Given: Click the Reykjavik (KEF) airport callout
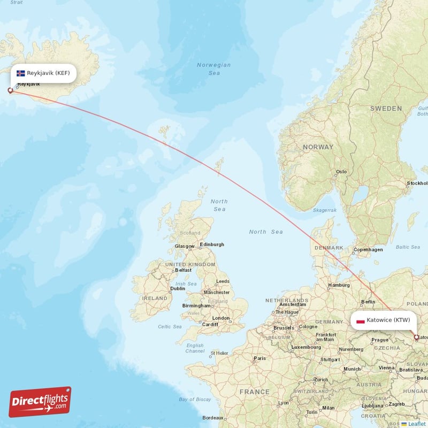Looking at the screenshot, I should (43, 73).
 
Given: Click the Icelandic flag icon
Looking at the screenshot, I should (21, 73).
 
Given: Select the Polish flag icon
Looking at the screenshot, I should (360, 321).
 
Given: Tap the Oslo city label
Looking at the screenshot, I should (341, 172).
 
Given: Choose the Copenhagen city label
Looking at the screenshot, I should (368, 249).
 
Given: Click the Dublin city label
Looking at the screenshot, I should (178, 288).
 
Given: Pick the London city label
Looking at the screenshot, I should (221, 318).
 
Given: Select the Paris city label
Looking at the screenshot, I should (259, 358).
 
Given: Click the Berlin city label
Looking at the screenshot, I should (368, 302).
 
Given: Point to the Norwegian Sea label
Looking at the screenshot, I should (213, 68).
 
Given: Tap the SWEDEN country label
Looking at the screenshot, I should (386, 109).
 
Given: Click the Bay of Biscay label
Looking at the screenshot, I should (195, 400).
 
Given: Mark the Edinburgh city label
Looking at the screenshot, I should (212, 245).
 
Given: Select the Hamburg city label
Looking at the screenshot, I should (339, 285).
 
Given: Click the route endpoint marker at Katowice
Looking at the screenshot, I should (417, 338).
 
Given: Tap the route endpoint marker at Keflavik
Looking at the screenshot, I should (10, 90).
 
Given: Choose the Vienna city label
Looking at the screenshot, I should (386, 368).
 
